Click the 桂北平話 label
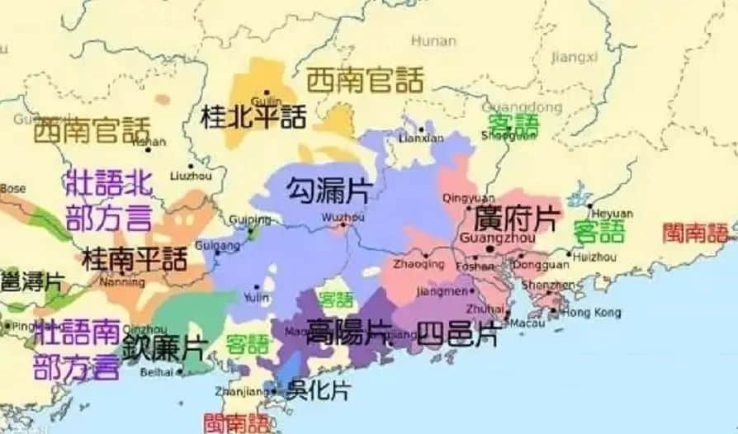coord(253,116)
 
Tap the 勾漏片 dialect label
coord(328,191)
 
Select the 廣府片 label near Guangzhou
coord(517,219)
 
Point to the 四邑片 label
coord(457,334)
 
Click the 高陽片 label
coord(348,332)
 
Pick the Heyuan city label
coord(613,214)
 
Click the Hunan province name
coord(433,40)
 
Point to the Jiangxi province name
coord(575,56)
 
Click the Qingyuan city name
coord(468,198)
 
